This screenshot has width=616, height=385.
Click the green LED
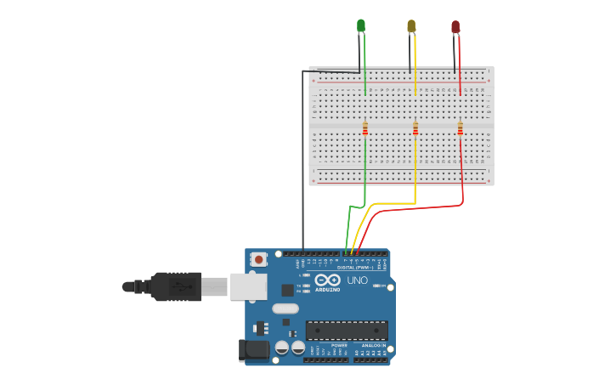(361, 26)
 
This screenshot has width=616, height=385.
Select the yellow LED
(412, 26)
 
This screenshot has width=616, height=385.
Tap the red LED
(455, 27)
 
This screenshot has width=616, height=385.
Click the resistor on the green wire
(365, 128)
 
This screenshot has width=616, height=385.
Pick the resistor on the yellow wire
(415, 128)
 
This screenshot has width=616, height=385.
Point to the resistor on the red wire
(461, 128)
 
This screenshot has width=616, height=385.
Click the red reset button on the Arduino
(257, 258)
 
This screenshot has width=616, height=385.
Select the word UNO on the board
(357, 280)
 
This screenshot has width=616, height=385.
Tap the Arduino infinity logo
(327, 280)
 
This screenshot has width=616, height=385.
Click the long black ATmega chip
(347, 331)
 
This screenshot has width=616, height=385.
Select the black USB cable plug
(178, 286)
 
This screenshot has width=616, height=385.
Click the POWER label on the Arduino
(339, 346)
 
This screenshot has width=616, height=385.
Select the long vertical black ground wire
(303, 161)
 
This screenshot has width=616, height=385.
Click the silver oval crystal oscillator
(286, 309)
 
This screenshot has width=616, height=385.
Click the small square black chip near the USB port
(287, 289)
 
